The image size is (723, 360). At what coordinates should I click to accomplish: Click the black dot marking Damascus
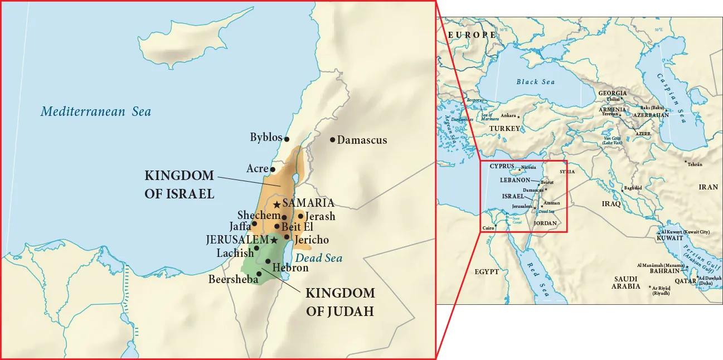(333, 140)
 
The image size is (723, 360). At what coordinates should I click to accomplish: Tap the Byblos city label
(266, 138)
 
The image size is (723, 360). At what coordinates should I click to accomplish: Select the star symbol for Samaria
(276, 205)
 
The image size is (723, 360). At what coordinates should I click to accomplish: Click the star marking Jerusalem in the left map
(274, 240)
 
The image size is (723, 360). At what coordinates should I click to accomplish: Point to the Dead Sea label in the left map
(319, 258)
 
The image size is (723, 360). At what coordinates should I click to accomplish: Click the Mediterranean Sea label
(95, 111)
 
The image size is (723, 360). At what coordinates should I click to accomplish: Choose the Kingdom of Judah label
(340, 302)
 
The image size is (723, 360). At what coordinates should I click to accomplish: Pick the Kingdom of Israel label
(179, 184)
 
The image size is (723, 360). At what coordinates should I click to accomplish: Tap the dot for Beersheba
(259, 274)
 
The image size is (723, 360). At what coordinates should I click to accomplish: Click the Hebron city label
(290, 268)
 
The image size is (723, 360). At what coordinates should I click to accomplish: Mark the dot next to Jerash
(300, 216)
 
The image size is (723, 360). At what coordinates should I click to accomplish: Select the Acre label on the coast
(257, 168)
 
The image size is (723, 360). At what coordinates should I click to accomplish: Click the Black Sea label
(535, 82)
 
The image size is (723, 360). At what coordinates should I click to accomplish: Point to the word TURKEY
(504, 128)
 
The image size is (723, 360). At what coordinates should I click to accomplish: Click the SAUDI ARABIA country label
(625, 282)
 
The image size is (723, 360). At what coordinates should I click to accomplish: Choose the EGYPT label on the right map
(487, 272)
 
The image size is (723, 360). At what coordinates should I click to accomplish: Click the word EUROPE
(472, 35)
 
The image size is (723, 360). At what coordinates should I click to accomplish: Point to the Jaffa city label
(240, 226)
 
